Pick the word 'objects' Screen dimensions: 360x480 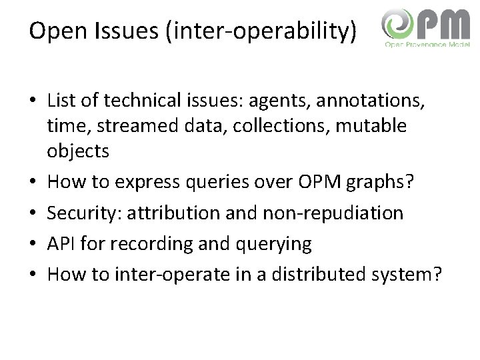tap(77, 151)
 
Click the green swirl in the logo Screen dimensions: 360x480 tap(398, 27)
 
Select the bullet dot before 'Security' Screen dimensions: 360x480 tap(33, 213)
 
